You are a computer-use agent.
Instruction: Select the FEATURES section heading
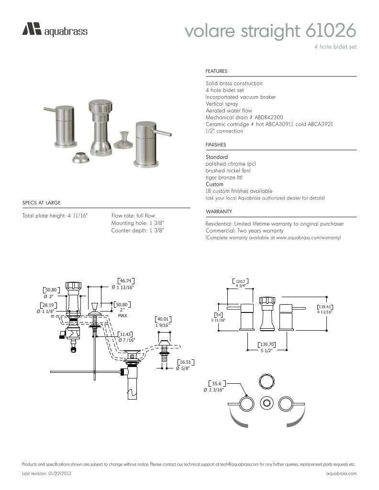pos(216,71)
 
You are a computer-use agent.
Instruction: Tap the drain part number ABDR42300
pos(269,117)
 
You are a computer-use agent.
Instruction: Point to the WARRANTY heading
pos(219,212)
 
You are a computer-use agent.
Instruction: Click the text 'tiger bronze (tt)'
pos(224,178)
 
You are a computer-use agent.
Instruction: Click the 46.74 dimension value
pos(125,281)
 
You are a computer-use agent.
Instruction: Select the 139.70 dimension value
pos(267,345)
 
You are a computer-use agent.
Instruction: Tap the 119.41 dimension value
pos(325,307)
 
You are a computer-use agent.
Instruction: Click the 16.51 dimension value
pos(185,362)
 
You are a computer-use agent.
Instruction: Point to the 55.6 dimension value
pos(217,384)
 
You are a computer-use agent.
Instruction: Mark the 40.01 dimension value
pos(163,319)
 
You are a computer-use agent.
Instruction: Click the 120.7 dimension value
pos(241,281)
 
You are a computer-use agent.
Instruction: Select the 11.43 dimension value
pos(126,334)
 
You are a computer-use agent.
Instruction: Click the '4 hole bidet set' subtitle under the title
pos(335,47)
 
